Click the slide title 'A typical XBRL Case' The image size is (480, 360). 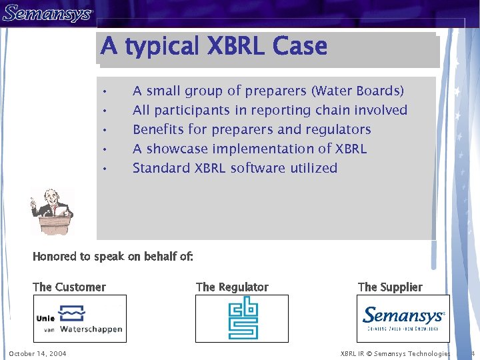(213, 47)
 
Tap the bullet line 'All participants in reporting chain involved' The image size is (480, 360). (269, 110)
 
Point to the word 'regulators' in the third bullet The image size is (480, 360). (339, 129)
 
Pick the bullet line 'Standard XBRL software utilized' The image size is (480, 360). (235, 168)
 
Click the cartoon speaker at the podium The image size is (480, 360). (52, 211)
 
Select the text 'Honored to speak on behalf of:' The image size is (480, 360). (113, 257)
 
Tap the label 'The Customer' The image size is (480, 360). (69, 287)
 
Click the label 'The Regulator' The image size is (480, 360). (232, 287)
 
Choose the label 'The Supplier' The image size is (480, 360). (390, 287)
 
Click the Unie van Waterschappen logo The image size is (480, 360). (80, 319)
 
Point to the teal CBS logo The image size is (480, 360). (243, 319)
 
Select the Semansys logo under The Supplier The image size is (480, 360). (403, 317)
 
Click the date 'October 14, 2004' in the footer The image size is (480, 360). (37, 353)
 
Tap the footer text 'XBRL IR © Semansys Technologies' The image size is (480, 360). (395, 353)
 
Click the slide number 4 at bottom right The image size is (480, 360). (472, 353)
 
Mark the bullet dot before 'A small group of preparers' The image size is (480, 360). (105, 91)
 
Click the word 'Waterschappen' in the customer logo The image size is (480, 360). (91, 329)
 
